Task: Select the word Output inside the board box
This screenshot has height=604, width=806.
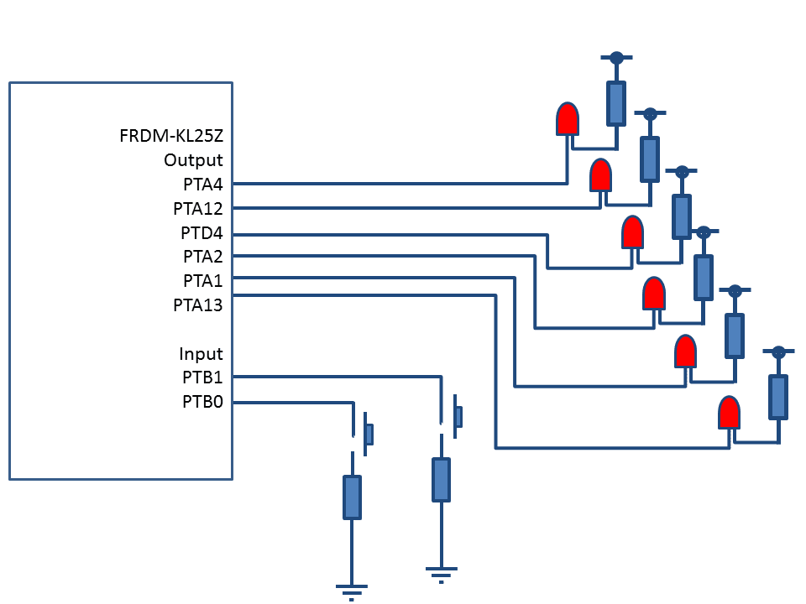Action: pos(193,160)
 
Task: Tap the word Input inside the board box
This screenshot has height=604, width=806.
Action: pos(201,354)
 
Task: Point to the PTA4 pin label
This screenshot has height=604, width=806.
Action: pos(203,184)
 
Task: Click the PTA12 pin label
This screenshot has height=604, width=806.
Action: pos(198,208)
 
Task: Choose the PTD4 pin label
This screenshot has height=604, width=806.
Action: pos(201,232)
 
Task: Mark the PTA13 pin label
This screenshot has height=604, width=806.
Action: pos(198,305)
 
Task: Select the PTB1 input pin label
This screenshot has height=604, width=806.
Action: pos(202,377)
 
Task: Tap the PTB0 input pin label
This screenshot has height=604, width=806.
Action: pos(202,402)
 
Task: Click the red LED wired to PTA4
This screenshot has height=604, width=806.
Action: pos(568,119)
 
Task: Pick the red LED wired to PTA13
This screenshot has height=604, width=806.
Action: pos(729,413)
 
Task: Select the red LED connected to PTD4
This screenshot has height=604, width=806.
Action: pos(632,232)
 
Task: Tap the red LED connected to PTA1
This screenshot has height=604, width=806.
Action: pos(686,351)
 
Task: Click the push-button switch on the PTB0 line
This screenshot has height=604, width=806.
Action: pos(366,433)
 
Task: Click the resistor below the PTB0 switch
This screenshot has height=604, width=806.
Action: pos(352,497)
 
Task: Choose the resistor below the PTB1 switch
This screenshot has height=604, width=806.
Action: pos(440,479)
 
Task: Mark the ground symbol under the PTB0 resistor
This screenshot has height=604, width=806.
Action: pos(351,589)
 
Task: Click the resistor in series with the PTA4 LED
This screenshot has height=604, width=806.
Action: pos(616,103)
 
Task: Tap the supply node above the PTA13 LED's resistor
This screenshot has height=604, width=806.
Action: pos(778,351)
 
